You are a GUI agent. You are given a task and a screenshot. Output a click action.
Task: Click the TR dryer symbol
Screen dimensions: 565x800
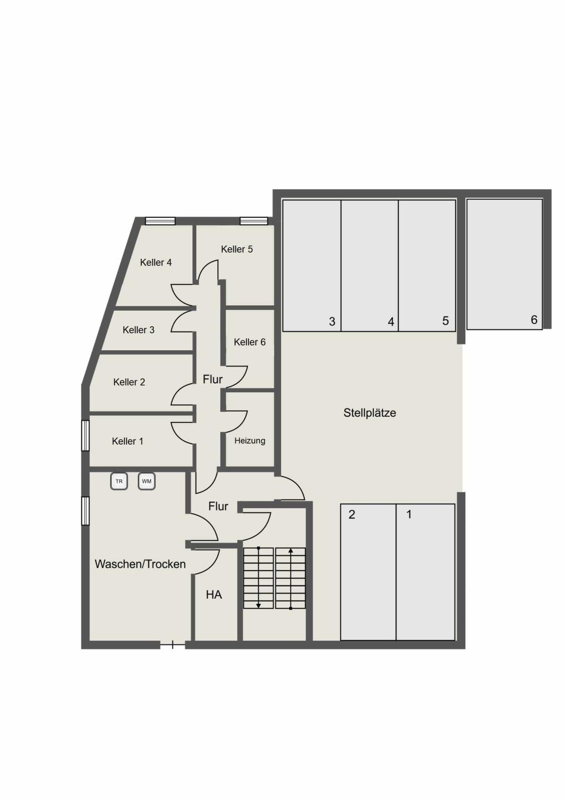point(119,481)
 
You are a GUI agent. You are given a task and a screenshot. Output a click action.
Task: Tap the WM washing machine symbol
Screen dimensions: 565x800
point(146,481)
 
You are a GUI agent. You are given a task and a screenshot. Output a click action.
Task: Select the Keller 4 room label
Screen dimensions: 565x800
point(156,263)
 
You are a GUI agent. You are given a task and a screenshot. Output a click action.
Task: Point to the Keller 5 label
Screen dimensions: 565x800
point(237,249)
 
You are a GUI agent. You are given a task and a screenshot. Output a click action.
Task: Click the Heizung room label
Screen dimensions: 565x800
point(250,441)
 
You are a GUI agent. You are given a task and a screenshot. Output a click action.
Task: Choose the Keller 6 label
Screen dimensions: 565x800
point(250,342)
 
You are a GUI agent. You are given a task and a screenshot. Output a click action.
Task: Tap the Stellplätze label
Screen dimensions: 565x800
point(370,413)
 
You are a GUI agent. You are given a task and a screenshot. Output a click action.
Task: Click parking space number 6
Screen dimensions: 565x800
point(534,320)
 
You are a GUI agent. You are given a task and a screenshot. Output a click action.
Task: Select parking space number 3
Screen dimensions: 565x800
point(332,322)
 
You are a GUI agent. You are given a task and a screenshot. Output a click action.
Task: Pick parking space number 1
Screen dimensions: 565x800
point(409,514)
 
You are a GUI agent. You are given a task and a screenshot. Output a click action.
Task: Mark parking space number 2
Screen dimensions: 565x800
point(352,515)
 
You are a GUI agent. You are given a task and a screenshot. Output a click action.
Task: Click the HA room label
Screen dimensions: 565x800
point(214,594)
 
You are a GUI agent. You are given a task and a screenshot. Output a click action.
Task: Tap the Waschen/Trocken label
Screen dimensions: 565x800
point(140,564)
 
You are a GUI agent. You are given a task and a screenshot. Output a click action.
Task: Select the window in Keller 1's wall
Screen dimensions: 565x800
point(85,436)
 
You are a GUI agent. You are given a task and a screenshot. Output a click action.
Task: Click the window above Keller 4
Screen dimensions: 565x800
point(161,221)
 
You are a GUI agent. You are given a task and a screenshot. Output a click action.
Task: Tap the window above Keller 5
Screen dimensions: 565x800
point(254,221)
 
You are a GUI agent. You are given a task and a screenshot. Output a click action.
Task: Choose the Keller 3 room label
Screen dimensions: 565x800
point(138,330)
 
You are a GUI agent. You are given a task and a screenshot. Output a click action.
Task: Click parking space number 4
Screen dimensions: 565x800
point(391,322)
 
